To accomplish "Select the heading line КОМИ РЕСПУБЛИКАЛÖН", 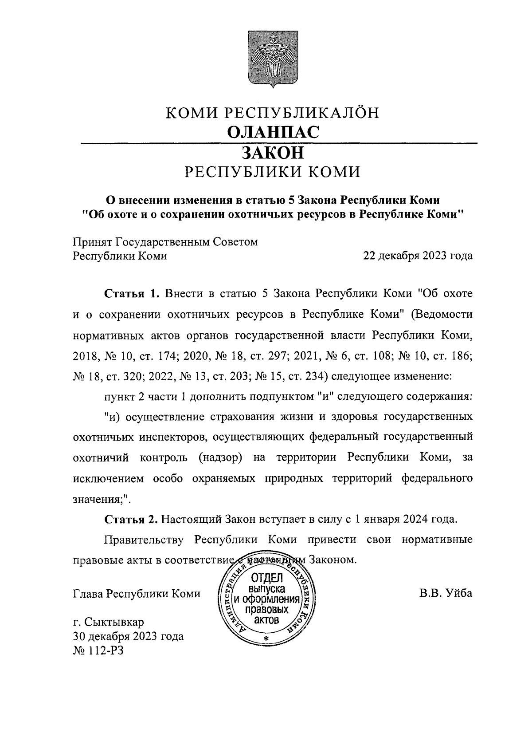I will click(272, 113).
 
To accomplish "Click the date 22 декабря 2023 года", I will click(418, 256).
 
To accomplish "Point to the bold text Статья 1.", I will click(131, 294).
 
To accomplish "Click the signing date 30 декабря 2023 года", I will click(128, 636).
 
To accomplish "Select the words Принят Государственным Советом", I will click(165, 242).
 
